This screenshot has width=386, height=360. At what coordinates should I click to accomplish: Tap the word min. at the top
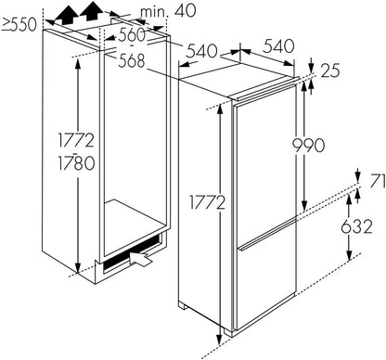click(161, 12)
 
